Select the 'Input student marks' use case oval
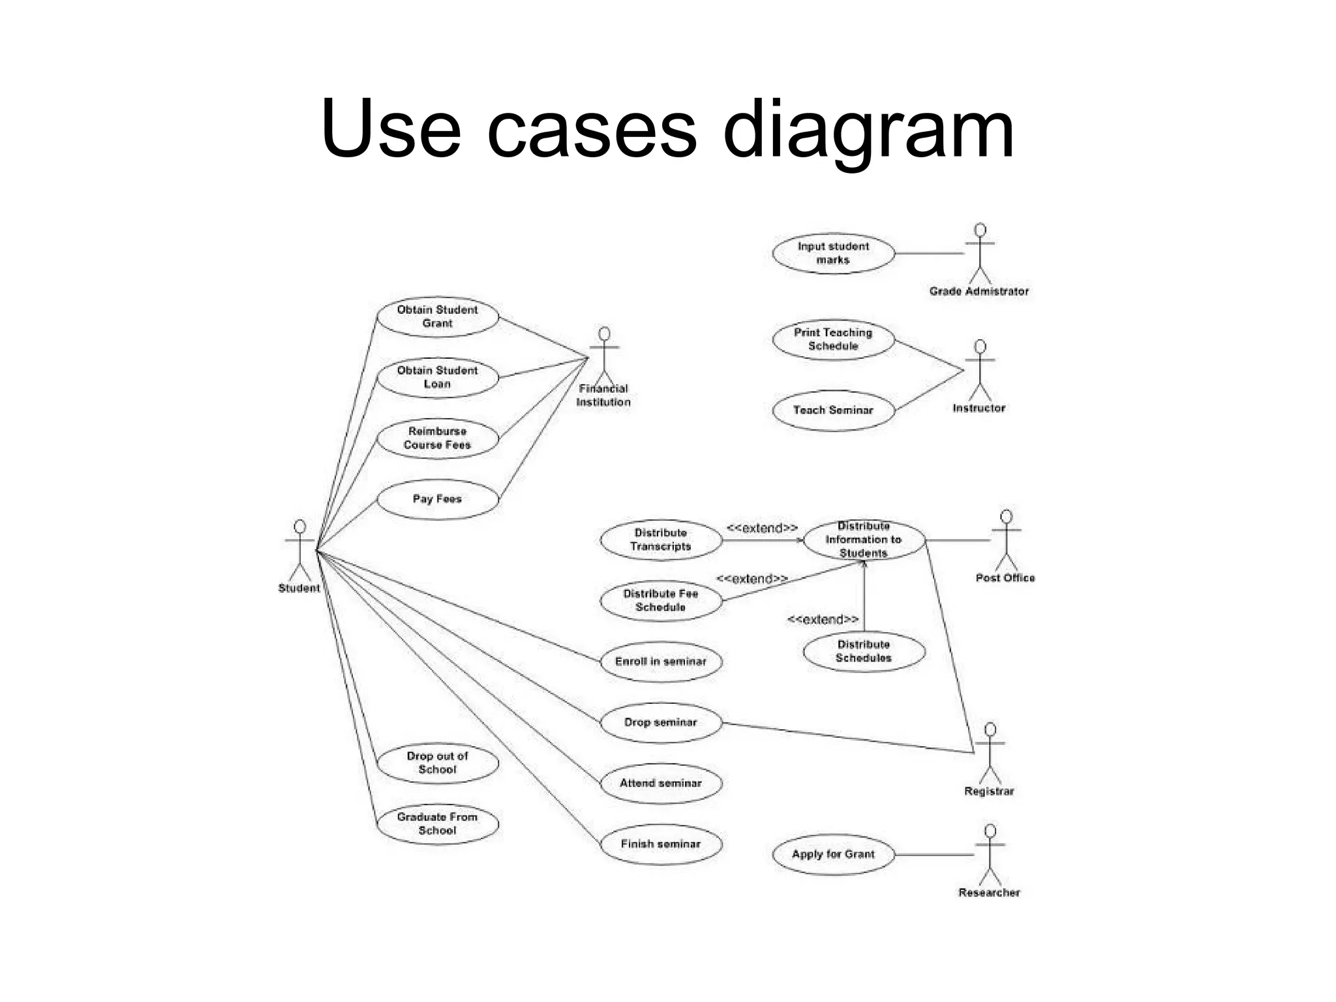click(833, 253)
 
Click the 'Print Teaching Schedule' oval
click(833, 339)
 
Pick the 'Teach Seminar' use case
click(833, 410)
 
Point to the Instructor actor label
click(979, 408)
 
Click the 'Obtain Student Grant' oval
click(438, 317)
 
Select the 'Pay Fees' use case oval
click(438, 499)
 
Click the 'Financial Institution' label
click(603, 395)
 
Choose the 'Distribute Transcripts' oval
click(661, 539)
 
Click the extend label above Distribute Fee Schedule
click(751, 579)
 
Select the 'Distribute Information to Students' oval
click(864, 539)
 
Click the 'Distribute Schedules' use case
click(864, 651)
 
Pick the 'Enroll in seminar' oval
click(661, 661)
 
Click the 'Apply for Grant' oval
click(833, 855)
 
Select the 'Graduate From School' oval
click(438, 824)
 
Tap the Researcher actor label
click(989, 893)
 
